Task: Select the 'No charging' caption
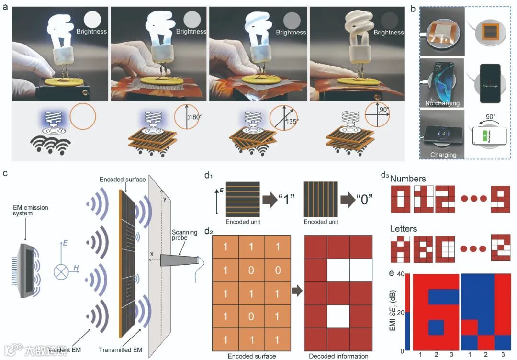point(442,103)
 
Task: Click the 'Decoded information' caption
point(338,356)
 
